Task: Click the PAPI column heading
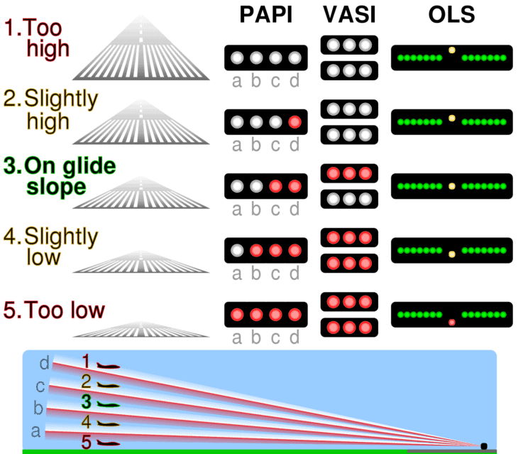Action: (265, 16)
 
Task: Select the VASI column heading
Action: (346, 16)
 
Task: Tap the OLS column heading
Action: (451, 16)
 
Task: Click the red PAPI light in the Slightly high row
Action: (294, 122)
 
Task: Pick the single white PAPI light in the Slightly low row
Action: (238, 251)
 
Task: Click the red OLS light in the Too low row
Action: (451, 323)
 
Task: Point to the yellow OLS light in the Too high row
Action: (451, 50)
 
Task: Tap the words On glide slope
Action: (70, 176)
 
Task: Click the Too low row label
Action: (55, 310)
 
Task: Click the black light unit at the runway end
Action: (484, 445)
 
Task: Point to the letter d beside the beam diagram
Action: (45, 364)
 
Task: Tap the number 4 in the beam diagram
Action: (86, 422)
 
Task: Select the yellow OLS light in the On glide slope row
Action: (451, 186)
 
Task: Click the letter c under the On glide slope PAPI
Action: (275, 209)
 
